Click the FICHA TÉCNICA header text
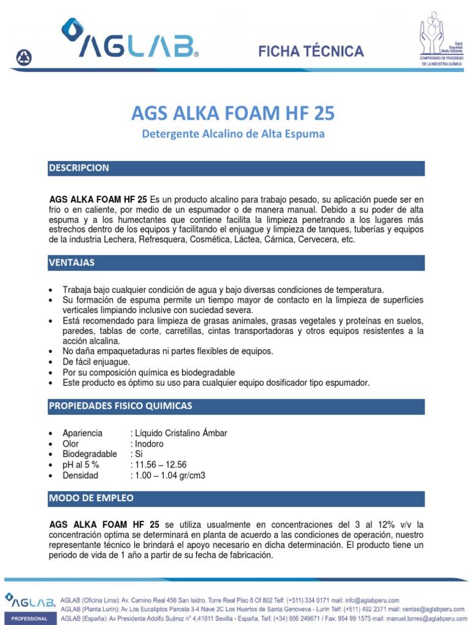[311, 51]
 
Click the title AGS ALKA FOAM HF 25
[233, 114]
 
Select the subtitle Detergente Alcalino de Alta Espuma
[233, 133]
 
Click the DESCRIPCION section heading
[79, 168]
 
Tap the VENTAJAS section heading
[71, 262]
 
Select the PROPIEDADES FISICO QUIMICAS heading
[120, 406]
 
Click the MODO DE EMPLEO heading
[91, 499]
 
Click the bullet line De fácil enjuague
[96, 362]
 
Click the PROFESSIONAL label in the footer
[28, 619]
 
